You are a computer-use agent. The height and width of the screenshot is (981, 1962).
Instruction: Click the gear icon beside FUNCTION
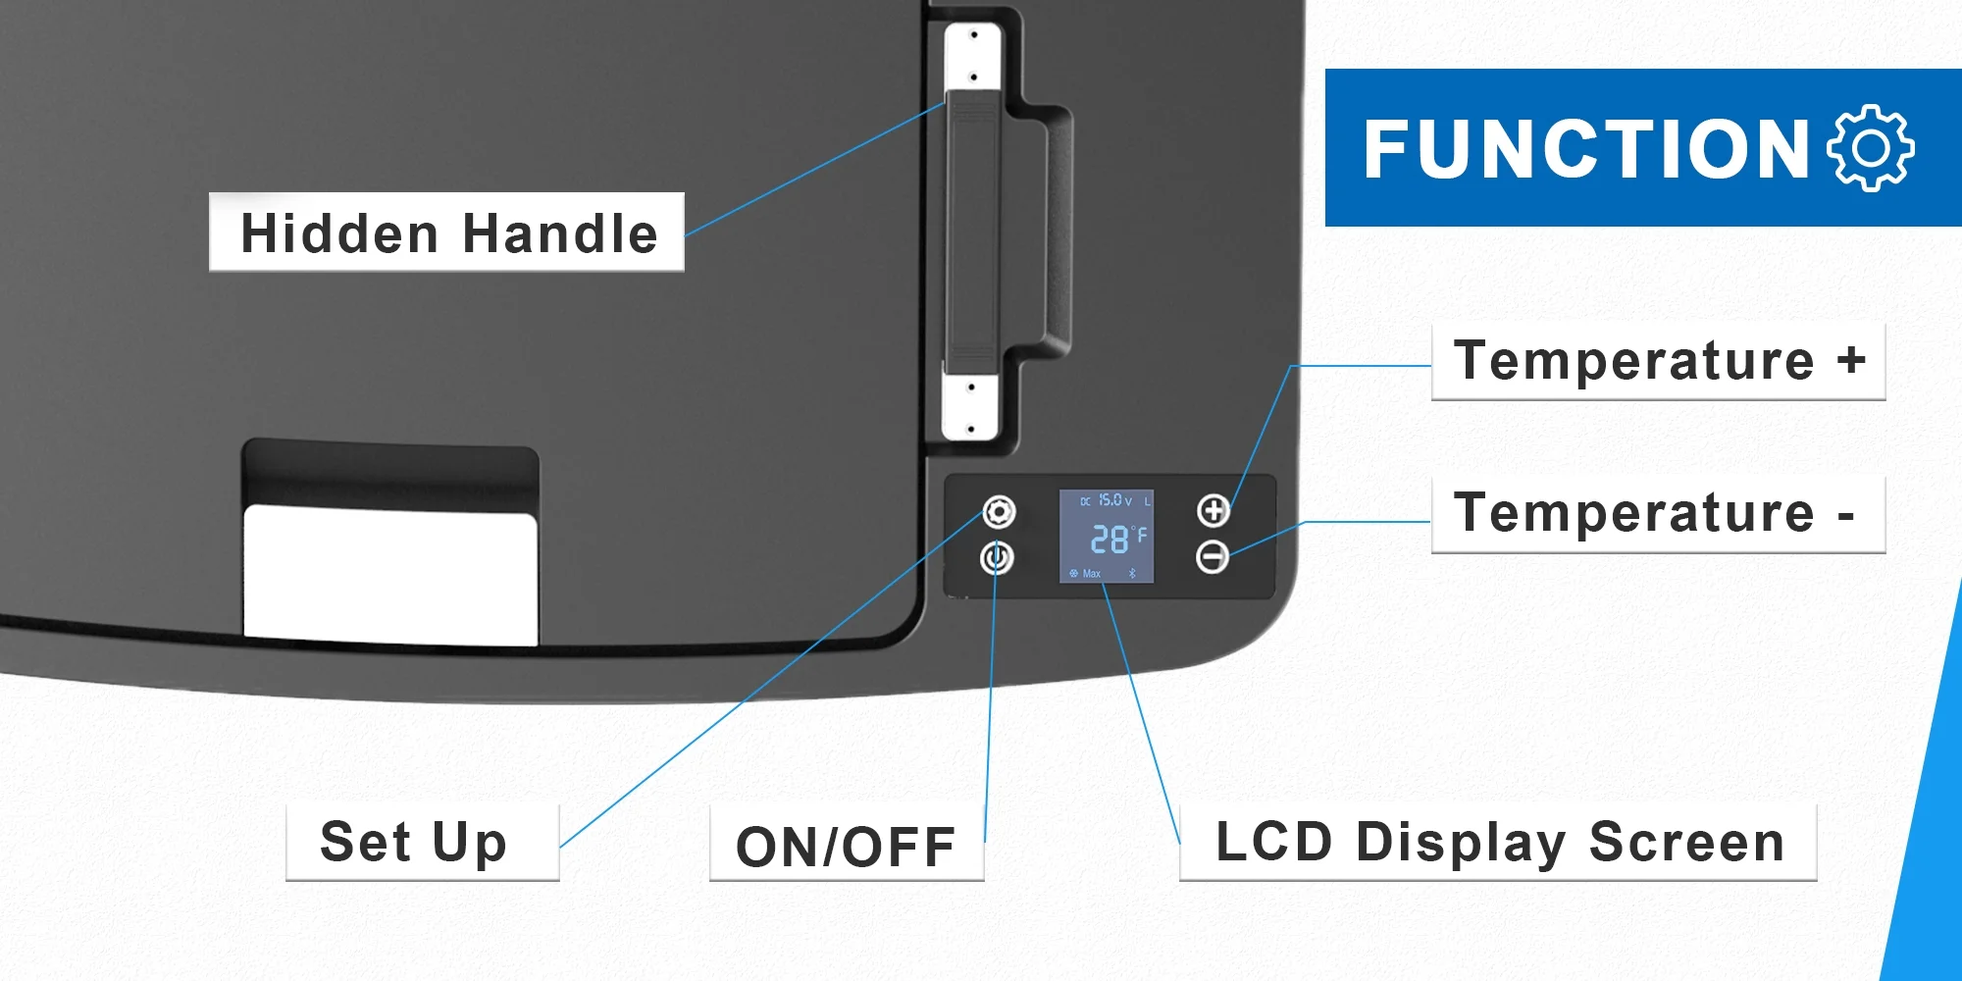pos(1870,148)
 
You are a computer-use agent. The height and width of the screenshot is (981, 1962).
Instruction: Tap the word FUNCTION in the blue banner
pos(1585,149)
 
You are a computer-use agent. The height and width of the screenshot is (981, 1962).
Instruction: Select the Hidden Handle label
pos(447,233)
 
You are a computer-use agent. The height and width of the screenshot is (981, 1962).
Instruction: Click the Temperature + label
pos(1658,361)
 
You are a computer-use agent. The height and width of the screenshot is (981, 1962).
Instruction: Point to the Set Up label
pos(414,843)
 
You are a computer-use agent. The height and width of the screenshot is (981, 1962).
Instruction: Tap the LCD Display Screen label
pos(1499,843)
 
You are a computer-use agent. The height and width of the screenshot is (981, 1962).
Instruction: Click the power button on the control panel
pos(997,558)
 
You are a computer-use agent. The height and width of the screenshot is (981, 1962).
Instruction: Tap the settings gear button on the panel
pos(999,512)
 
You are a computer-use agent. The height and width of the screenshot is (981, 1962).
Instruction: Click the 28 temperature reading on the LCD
pos(1110,539)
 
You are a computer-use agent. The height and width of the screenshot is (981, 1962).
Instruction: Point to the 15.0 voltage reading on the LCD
pos(1110,500)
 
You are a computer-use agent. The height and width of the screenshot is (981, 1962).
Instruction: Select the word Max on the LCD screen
pos(1091,574)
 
